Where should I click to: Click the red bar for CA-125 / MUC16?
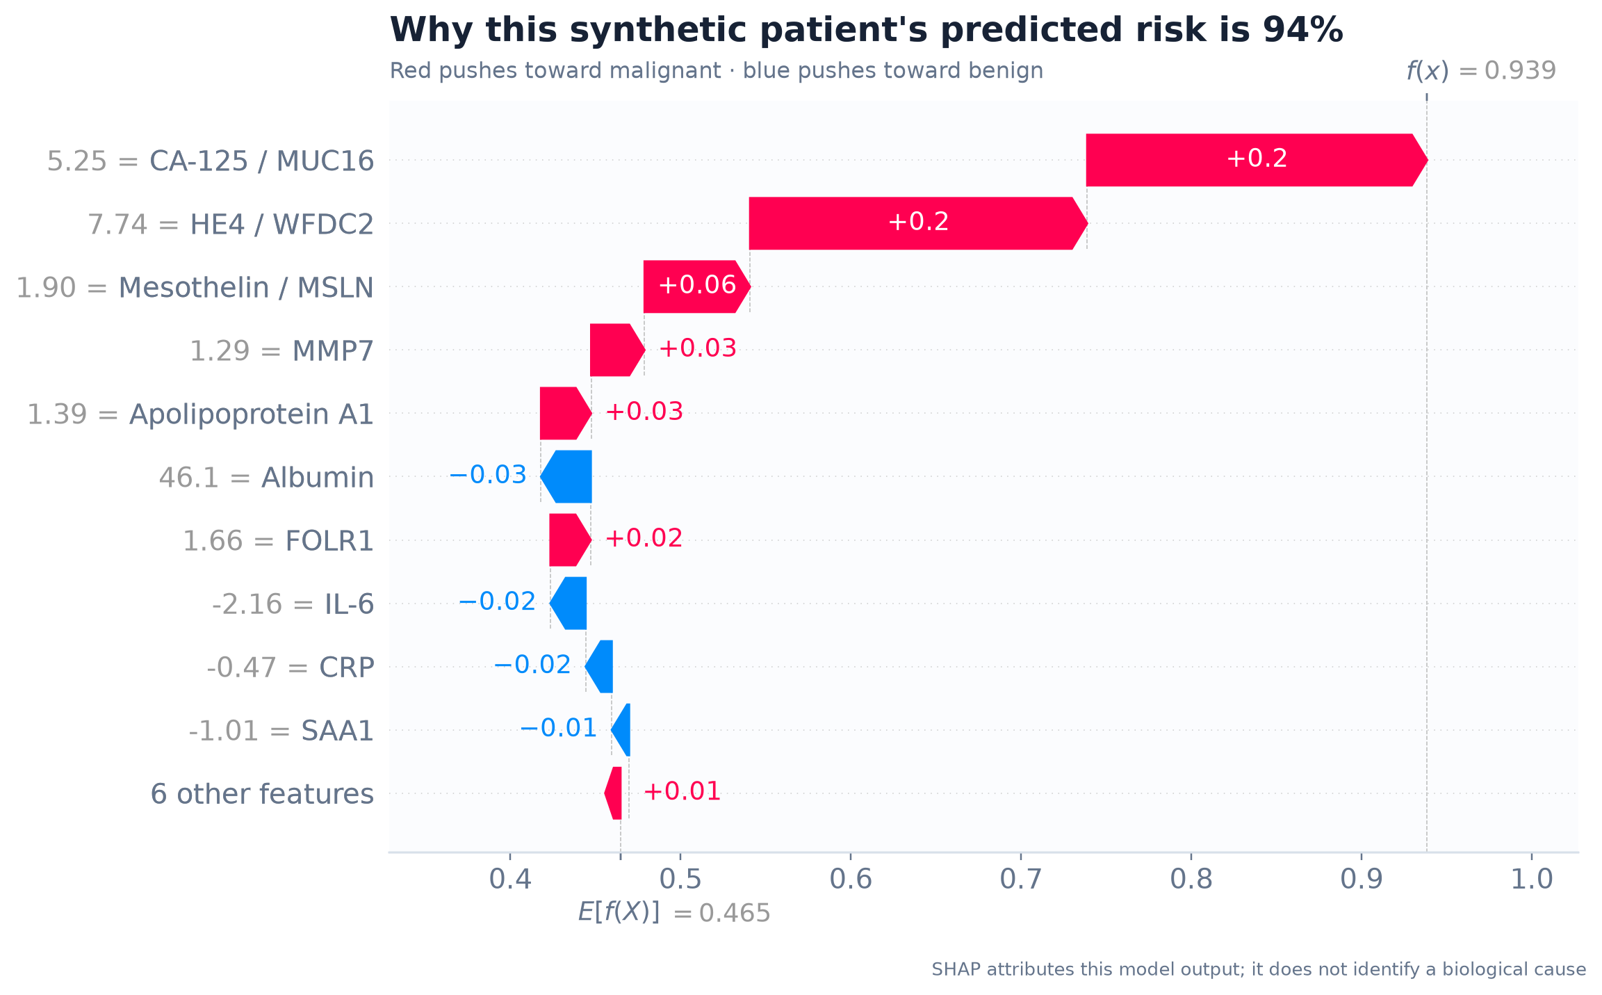(x=1257, y=160)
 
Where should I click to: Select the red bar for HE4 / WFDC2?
(x=918, y=223)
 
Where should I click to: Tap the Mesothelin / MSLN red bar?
(x=697, y=286)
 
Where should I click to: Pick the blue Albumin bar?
(x=566, y=476)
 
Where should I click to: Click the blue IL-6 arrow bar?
(x=569, y=603)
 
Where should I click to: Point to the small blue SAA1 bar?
(x=621, y=730)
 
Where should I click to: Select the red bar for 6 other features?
(x=613, y=793)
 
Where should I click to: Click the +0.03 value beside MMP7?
(x=697, y=348)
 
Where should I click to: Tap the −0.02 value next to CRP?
(x=532, y=665)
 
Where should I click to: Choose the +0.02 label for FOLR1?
(x=644, y=538)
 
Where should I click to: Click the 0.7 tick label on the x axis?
(x=1021, y=880)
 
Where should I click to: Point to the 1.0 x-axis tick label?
(x=1532, y=880)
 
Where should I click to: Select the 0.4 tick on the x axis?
(x=510, y=880)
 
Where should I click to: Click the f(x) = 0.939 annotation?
(x=1481, y=71)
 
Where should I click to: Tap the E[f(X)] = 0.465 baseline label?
(x=674, y=912)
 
